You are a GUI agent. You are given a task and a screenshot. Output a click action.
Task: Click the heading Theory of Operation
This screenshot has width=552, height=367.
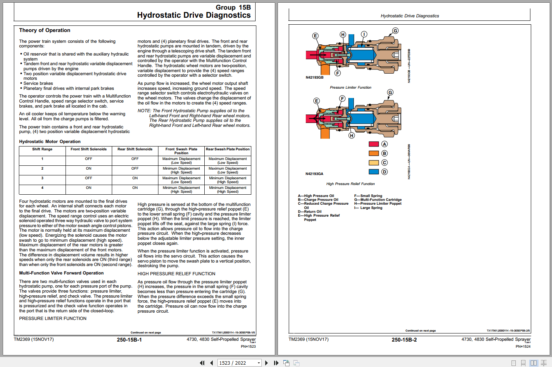pos(45,30)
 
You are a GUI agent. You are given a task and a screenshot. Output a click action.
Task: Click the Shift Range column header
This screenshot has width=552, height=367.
pos(42,149)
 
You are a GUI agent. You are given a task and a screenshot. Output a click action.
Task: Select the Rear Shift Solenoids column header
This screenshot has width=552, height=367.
pos(135,149)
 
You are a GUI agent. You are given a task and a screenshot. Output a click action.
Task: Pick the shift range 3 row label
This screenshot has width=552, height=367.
pos(42,178)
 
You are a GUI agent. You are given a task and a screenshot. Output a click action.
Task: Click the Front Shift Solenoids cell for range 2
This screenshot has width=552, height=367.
pos(89,168)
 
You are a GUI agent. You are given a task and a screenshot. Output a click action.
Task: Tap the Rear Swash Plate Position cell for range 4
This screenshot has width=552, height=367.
pos(228,190)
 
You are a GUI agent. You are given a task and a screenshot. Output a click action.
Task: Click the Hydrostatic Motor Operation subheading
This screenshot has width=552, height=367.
pos(50,141)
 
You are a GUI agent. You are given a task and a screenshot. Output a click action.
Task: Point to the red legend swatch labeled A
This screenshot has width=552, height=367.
pos(374,144)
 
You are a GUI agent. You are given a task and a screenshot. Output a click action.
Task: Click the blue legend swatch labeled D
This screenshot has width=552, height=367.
pos(374,172)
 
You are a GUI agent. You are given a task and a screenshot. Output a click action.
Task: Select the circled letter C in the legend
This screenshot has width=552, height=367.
pos(384,163)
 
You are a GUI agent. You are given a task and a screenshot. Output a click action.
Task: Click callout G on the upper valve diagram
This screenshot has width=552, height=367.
pos(395,31)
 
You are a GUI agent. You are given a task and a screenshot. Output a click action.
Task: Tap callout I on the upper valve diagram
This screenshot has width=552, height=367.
pos(364,34)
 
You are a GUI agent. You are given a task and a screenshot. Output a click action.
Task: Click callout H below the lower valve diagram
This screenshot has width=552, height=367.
pos(352,135)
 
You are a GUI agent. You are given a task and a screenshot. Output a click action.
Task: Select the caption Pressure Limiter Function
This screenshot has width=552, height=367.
pos(350,88)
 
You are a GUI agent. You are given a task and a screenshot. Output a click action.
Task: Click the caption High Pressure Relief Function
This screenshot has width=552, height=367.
pos(350,184)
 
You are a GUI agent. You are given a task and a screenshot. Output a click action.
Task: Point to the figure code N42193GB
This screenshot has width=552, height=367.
pos(315,77)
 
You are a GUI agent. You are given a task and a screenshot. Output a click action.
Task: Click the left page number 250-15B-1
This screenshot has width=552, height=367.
pos(129,340)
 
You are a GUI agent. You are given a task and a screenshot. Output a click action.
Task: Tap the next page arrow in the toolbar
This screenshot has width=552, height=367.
pos(266,363)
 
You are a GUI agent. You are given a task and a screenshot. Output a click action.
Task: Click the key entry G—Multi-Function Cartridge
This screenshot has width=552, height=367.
pos(378,200)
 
